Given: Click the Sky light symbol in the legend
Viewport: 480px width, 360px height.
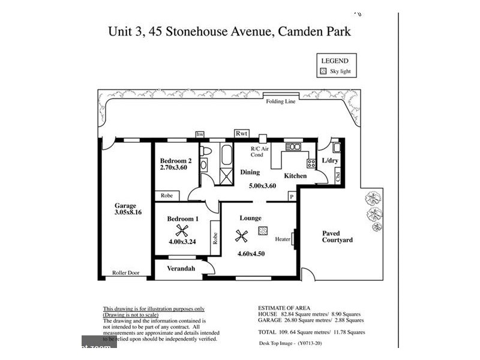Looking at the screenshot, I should [323, 71].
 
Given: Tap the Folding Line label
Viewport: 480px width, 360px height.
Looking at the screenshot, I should [281, 102].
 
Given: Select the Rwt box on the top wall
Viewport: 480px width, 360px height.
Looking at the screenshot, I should [242, 134].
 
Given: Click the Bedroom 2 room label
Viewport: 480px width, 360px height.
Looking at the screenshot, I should [176, 160].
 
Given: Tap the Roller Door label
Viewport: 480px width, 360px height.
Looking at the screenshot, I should [125, 273].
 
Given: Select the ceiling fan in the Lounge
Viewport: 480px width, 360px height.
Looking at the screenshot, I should [242, 236].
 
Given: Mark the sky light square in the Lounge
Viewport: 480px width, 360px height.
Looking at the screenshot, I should [263, 230].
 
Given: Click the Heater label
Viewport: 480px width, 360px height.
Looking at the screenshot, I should [283, 239].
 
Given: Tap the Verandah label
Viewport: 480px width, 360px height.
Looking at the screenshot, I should [181, 268].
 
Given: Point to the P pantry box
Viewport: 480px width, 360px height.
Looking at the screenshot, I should [292, 196].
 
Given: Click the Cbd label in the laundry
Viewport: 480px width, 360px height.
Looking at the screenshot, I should [338, 177].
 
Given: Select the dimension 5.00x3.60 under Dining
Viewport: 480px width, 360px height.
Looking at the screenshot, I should [262, 186].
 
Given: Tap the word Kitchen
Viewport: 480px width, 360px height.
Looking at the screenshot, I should [295, 176].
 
